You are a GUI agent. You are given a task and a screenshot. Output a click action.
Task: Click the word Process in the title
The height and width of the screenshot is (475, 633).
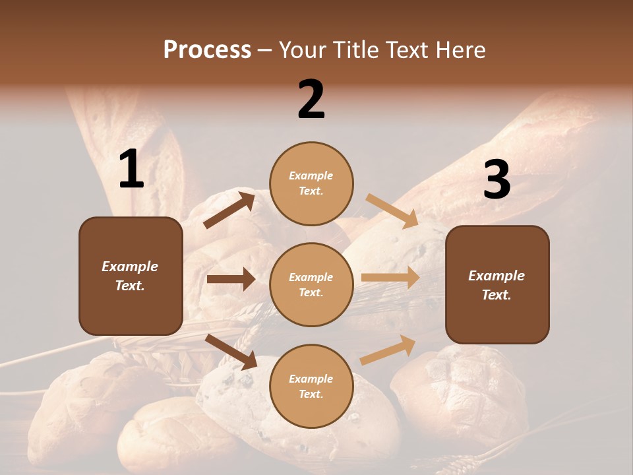207,49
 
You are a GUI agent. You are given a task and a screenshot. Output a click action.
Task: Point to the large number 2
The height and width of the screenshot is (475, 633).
311,100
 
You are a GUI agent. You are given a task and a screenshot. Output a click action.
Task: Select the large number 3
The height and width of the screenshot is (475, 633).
497,180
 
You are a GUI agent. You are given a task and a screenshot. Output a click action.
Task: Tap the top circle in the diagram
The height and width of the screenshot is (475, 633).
311,183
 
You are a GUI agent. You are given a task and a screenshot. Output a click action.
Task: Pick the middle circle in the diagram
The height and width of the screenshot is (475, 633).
311,284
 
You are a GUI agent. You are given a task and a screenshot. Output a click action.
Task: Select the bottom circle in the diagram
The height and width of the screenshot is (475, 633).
311,386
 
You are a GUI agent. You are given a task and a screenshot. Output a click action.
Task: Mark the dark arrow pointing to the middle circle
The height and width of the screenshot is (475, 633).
231,279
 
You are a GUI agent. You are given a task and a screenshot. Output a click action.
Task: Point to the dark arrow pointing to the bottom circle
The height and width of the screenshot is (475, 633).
231,352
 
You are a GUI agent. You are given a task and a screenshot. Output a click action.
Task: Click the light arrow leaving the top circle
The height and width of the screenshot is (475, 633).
392,211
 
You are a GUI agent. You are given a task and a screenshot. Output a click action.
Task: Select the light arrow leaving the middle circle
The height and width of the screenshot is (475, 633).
390,278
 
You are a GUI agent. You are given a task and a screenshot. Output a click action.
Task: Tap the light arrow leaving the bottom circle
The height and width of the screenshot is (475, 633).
388,350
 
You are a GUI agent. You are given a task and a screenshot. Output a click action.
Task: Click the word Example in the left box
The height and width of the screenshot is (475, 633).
130,267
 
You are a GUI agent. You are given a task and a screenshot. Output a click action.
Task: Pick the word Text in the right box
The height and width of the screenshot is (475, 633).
496,295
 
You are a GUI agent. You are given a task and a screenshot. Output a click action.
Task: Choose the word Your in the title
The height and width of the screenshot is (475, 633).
301,49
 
